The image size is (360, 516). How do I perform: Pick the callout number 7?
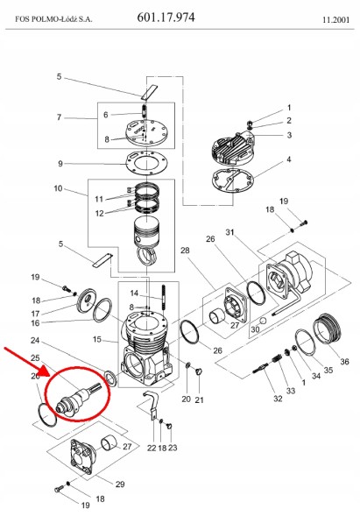(59, 117)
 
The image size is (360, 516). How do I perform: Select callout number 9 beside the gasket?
(59, 164)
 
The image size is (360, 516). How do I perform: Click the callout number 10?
(59, 189)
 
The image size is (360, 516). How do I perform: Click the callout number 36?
(344, 362)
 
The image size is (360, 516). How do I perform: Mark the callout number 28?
(185, 251)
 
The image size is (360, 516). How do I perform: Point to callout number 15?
(96, 340)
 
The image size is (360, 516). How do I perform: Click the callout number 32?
(277, 399)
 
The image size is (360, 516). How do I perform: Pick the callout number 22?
(151, 448)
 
